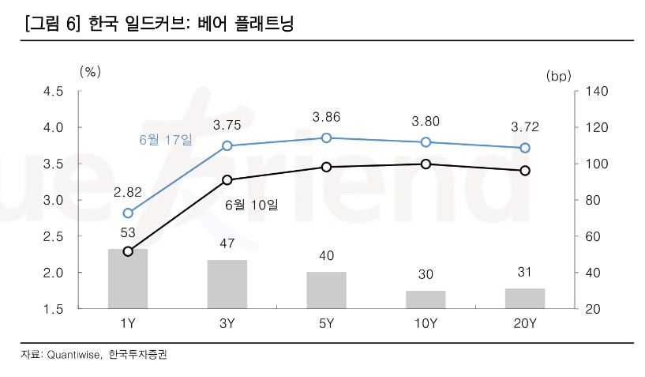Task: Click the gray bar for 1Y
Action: tap(128, 278)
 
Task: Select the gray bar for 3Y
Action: tap(227, 284)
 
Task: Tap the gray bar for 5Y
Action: tap(326, 290)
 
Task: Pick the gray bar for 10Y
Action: tap(426, 300)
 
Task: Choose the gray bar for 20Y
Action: tap(525, 298)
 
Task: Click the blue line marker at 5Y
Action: tap(326, 138)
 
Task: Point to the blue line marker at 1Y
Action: tap(128, 213)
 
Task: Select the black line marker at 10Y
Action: tap(426, 164)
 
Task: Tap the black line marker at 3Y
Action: tap(227, 180)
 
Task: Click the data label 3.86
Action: tap(326, 117)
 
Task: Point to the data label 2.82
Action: tap(128, 192)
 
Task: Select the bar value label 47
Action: tap(227, 243)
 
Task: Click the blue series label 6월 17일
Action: tap(165, 140)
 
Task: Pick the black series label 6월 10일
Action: tap(252, 205)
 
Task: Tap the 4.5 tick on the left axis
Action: tap(53, 91)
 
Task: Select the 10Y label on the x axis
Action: tap(426, 323)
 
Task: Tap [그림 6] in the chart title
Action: tap(53, 24)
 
